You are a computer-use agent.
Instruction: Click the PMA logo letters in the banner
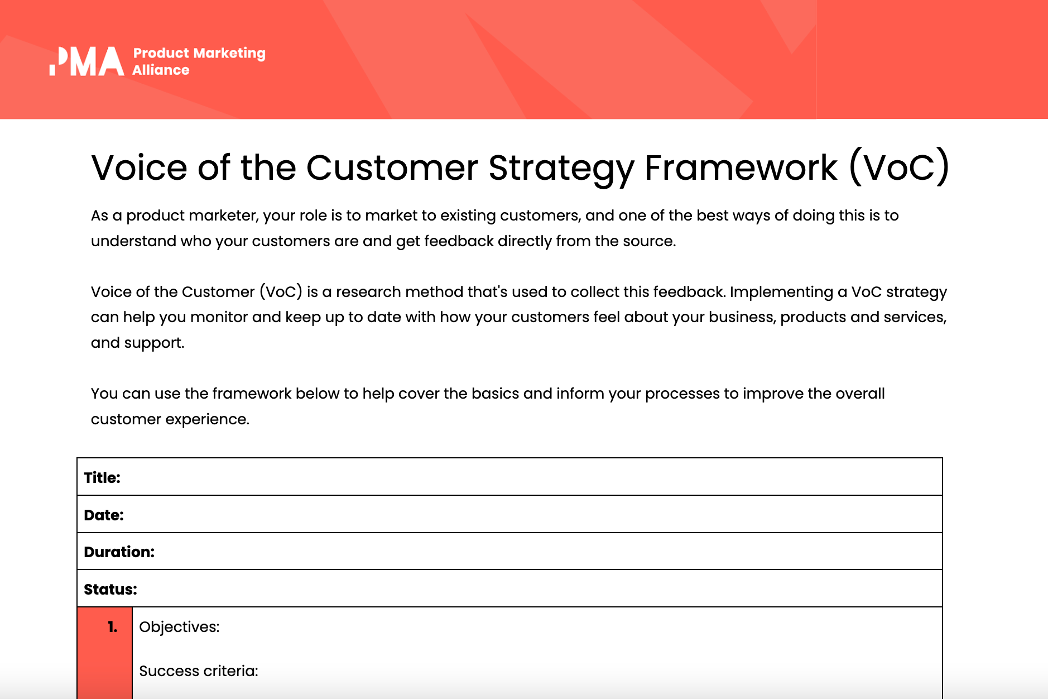(87, 61)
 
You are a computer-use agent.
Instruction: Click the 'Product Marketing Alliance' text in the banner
(199, 61)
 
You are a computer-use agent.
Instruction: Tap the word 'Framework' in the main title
(741, 167)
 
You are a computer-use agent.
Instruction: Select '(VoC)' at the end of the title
(898, 167)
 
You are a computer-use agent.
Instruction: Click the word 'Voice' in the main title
(139, 167)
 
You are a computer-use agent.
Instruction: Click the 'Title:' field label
(102, 477)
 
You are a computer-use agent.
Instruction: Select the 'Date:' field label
(104, 515)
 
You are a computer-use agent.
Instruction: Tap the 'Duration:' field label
(119, 552)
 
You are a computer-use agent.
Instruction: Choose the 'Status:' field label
(110, 589)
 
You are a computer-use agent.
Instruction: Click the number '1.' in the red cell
(112, 626)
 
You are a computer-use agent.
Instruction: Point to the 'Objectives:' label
(179, 626)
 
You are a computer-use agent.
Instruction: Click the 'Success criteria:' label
(198, 671)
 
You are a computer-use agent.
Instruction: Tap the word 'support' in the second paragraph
(153, 343)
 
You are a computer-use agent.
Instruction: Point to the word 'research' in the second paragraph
(368, 292)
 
